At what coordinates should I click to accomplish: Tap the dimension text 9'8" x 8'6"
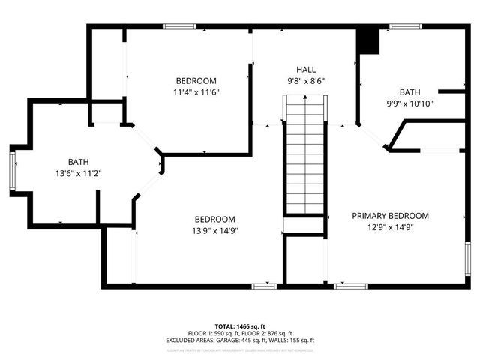(304, 81)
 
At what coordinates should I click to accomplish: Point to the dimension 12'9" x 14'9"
(390, 227)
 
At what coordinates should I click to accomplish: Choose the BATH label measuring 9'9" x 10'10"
(409, 92)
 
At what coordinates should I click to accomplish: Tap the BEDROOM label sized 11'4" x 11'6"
(196, 81)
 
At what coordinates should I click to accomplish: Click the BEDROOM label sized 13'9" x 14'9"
(214, 219)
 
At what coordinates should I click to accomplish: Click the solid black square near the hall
(368, 41)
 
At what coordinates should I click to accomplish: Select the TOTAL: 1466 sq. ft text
(240, 326)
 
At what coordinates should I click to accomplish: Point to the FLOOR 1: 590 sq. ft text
(213, 333)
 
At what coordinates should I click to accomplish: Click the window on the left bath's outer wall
(11, 169)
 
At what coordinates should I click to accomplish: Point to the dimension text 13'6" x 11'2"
(79, 173)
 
